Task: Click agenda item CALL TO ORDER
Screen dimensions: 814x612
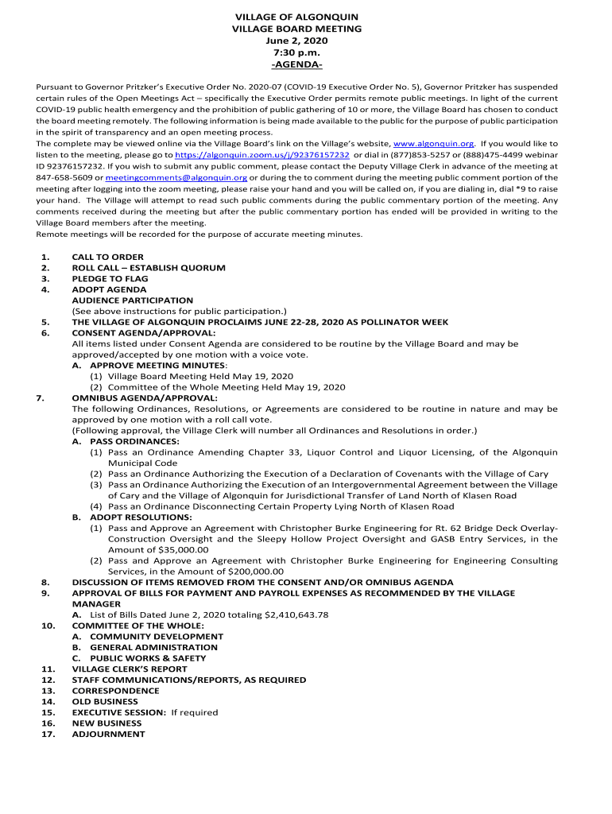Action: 107,257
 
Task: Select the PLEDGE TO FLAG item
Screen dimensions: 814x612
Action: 110,279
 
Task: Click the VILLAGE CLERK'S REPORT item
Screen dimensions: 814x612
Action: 130,669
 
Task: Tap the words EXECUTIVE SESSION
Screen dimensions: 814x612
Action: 119,712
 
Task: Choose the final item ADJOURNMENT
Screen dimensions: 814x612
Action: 108,735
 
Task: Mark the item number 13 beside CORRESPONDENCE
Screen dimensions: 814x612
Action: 48,691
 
